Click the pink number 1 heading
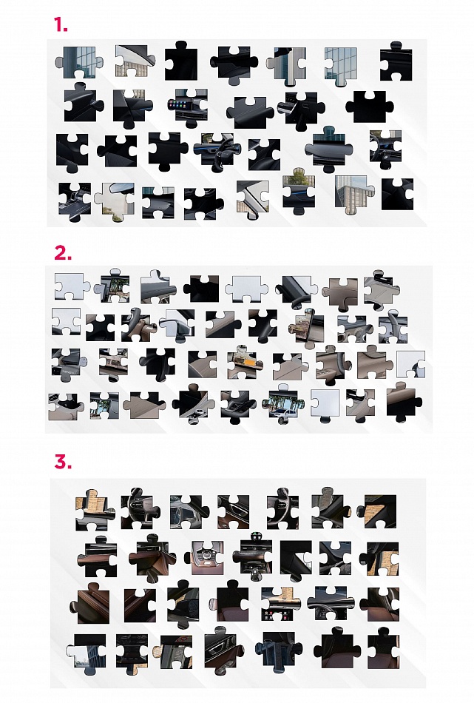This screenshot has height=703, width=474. (x=61, y=24)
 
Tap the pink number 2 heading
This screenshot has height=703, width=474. (x=63, y=253)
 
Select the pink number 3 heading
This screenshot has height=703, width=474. (x=63, y=461)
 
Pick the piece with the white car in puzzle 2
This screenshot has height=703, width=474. (x=283, y=404)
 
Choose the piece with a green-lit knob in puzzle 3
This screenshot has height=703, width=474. (x=252, y=554)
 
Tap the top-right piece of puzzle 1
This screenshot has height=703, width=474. (x=396, y=62)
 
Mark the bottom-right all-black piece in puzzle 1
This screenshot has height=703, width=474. (x=398, y=194)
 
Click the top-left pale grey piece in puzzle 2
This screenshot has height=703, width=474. (x=71, y=286)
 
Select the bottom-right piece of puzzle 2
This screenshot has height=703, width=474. (x=404, y=402)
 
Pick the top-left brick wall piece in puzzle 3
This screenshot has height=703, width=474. (x=92, y=510)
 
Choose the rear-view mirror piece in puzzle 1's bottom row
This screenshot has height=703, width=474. (x=114, y=201)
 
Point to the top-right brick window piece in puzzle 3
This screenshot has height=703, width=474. (x=377, y=511)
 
